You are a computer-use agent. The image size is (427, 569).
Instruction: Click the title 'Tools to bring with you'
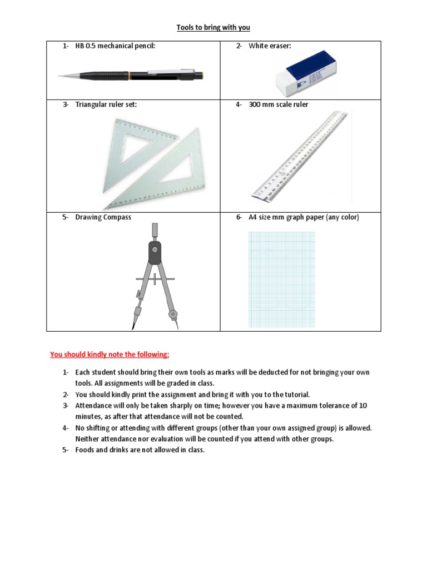213,27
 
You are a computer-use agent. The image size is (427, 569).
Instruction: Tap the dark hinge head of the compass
155,253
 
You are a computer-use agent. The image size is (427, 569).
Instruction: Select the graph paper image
281,279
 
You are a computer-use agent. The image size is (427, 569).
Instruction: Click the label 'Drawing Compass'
103,217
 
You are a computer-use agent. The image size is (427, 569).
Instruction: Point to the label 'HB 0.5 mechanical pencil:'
115,46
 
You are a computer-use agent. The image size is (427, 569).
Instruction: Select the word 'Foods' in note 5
86,450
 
